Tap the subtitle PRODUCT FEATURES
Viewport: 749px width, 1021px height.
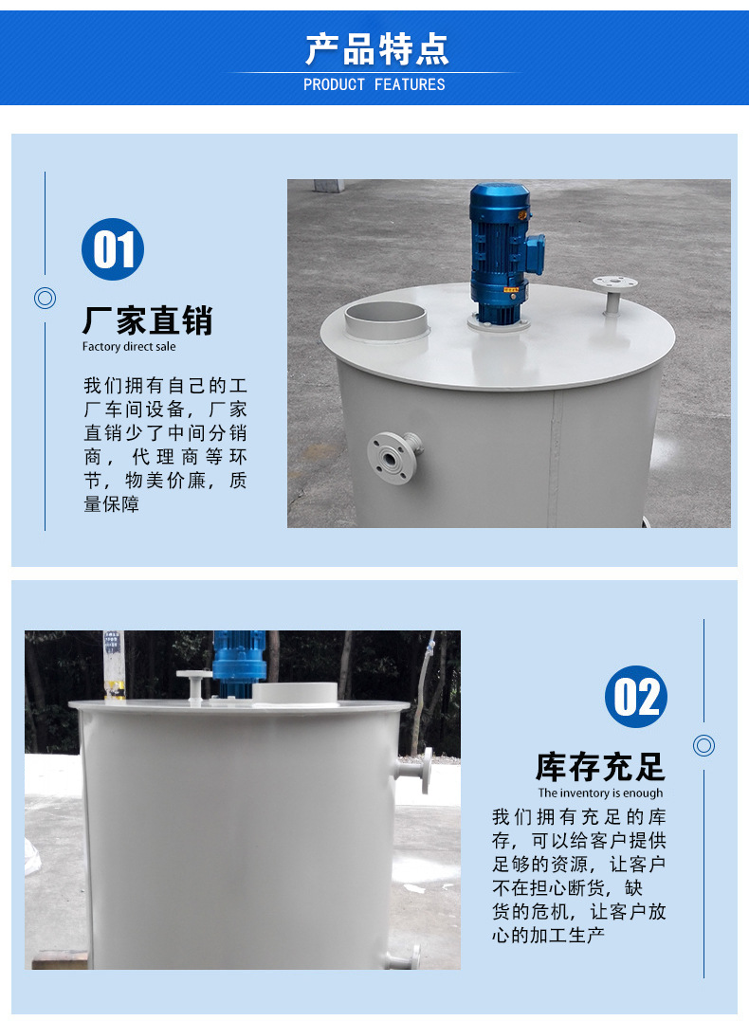(374, 84)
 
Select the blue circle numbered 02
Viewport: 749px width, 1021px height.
(635, 697)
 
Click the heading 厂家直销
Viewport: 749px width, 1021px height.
(147, 320)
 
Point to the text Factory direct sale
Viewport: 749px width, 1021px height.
(129, 347)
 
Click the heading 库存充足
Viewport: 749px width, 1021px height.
(600, 766)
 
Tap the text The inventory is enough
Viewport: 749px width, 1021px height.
(600, 793)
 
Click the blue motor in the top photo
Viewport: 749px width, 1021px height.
(502, 251)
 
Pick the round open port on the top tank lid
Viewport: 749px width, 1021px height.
(386, 318)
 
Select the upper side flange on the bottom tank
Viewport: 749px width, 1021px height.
(418, 770)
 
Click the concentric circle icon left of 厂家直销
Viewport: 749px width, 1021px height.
(45, 299)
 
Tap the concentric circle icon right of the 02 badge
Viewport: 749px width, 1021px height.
(703, 745)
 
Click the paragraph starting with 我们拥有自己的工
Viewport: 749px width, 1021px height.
(165, 445)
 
